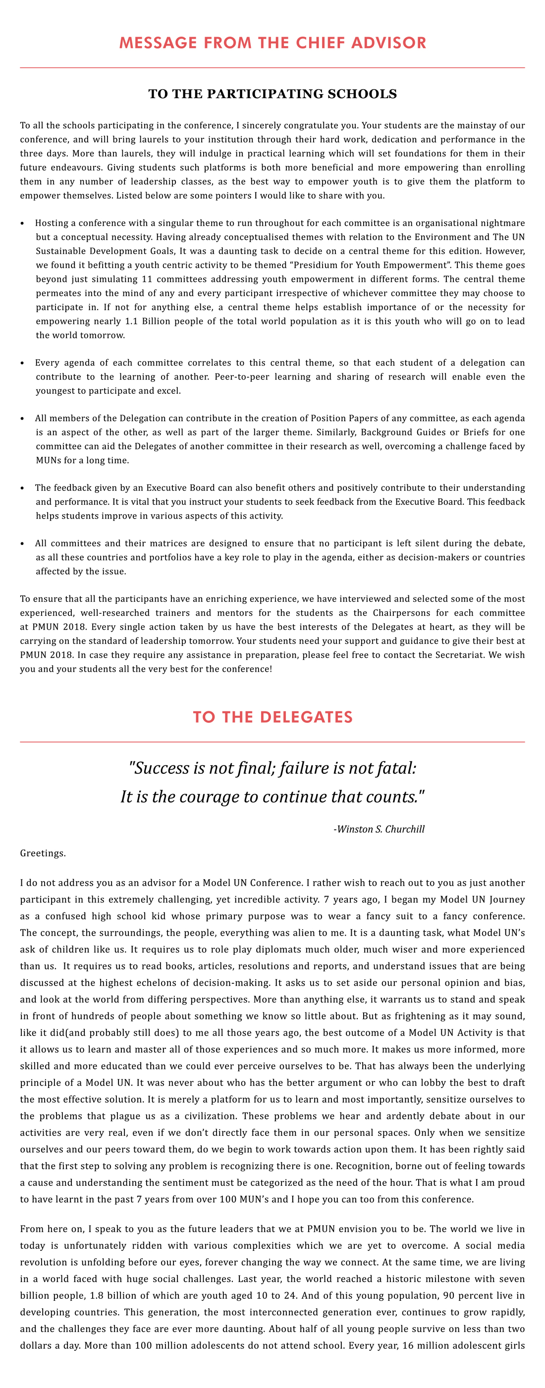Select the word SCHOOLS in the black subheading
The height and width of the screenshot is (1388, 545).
click(365, 94)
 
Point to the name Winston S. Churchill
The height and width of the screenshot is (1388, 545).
click(381, 829)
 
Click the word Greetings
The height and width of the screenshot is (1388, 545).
click(43, 854)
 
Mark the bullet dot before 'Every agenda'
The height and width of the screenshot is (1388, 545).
click(22, 363)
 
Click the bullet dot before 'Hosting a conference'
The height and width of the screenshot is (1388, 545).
click(22, 223)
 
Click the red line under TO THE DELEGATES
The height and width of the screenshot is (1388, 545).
click(272, 742)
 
